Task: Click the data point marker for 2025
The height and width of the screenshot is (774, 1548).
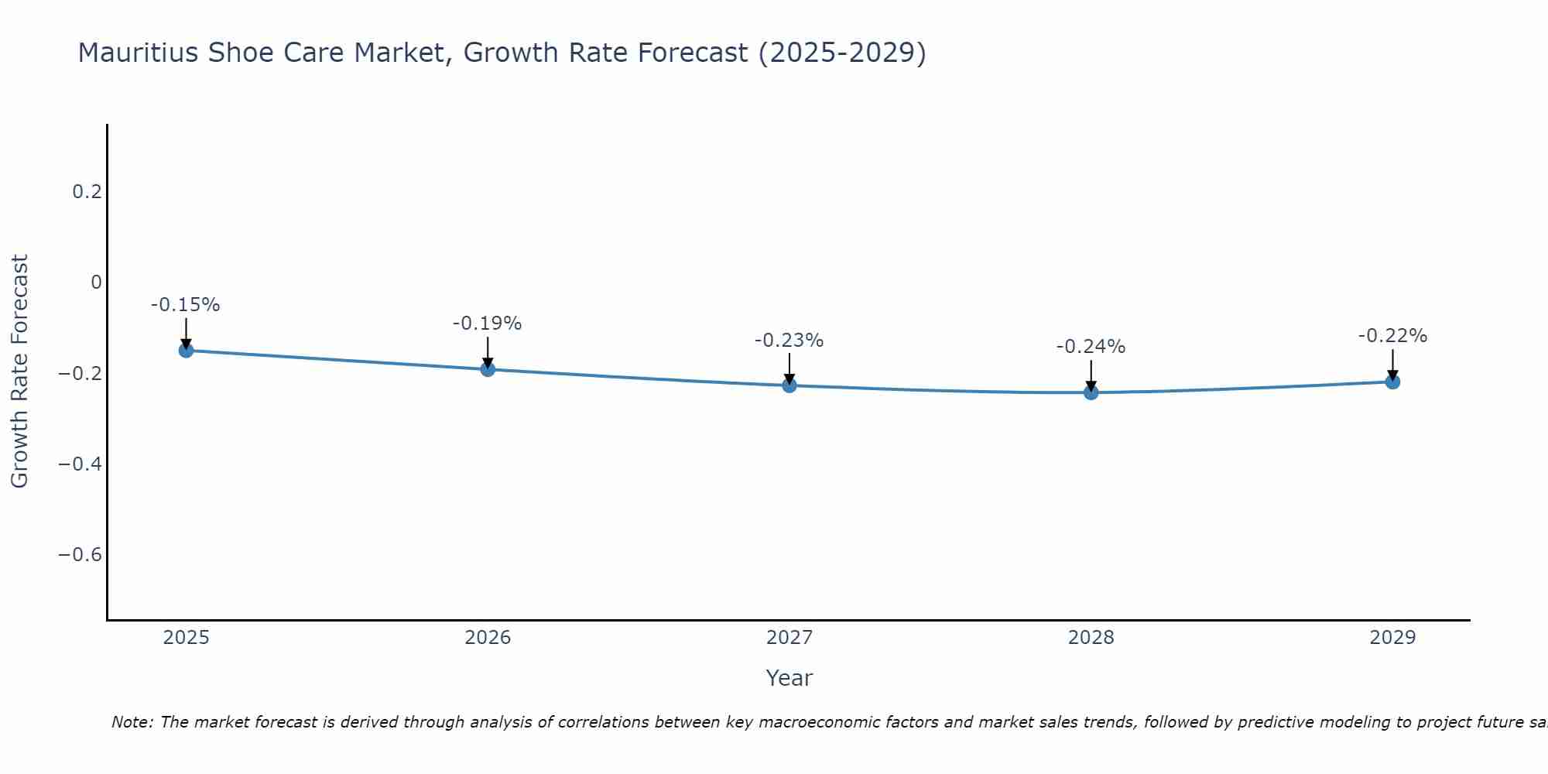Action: (186, 351)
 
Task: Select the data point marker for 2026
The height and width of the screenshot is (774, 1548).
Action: (488, 369)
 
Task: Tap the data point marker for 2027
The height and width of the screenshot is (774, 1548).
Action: (789, 385)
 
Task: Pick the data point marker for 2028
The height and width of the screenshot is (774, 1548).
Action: (1091, 392)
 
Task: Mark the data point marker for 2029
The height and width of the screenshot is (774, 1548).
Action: (1392, 382)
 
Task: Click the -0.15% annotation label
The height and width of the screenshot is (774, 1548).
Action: (186, 305)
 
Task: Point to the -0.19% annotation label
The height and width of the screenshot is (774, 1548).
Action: (488, 324)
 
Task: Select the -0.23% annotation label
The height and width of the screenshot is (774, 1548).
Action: (789, 341)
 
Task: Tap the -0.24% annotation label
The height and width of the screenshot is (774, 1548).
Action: (1091, 347)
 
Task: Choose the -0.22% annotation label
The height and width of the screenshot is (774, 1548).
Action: (1392, 336)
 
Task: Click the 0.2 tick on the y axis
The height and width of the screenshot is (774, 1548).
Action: (87, 191)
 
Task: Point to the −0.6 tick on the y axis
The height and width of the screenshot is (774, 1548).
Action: (80, 555)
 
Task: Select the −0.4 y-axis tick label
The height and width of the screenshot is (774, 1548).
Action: (80, 464)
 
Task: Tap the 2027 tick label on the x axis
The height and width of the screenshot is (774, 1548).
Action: (789, 638)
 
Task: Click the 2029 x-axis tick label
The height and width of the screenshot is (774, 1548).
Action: (1392, 638)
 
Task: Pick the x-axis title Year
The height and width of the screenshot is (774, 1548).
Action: (789, 678)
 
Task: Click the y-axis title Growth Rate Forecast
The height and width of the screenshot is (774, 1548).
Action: (20, 372)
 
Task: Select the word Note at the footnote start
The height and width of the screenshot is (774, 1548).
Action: (132, 723)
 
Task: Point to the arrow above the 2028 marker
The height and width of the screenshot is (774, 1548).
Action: (1091, 375)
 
